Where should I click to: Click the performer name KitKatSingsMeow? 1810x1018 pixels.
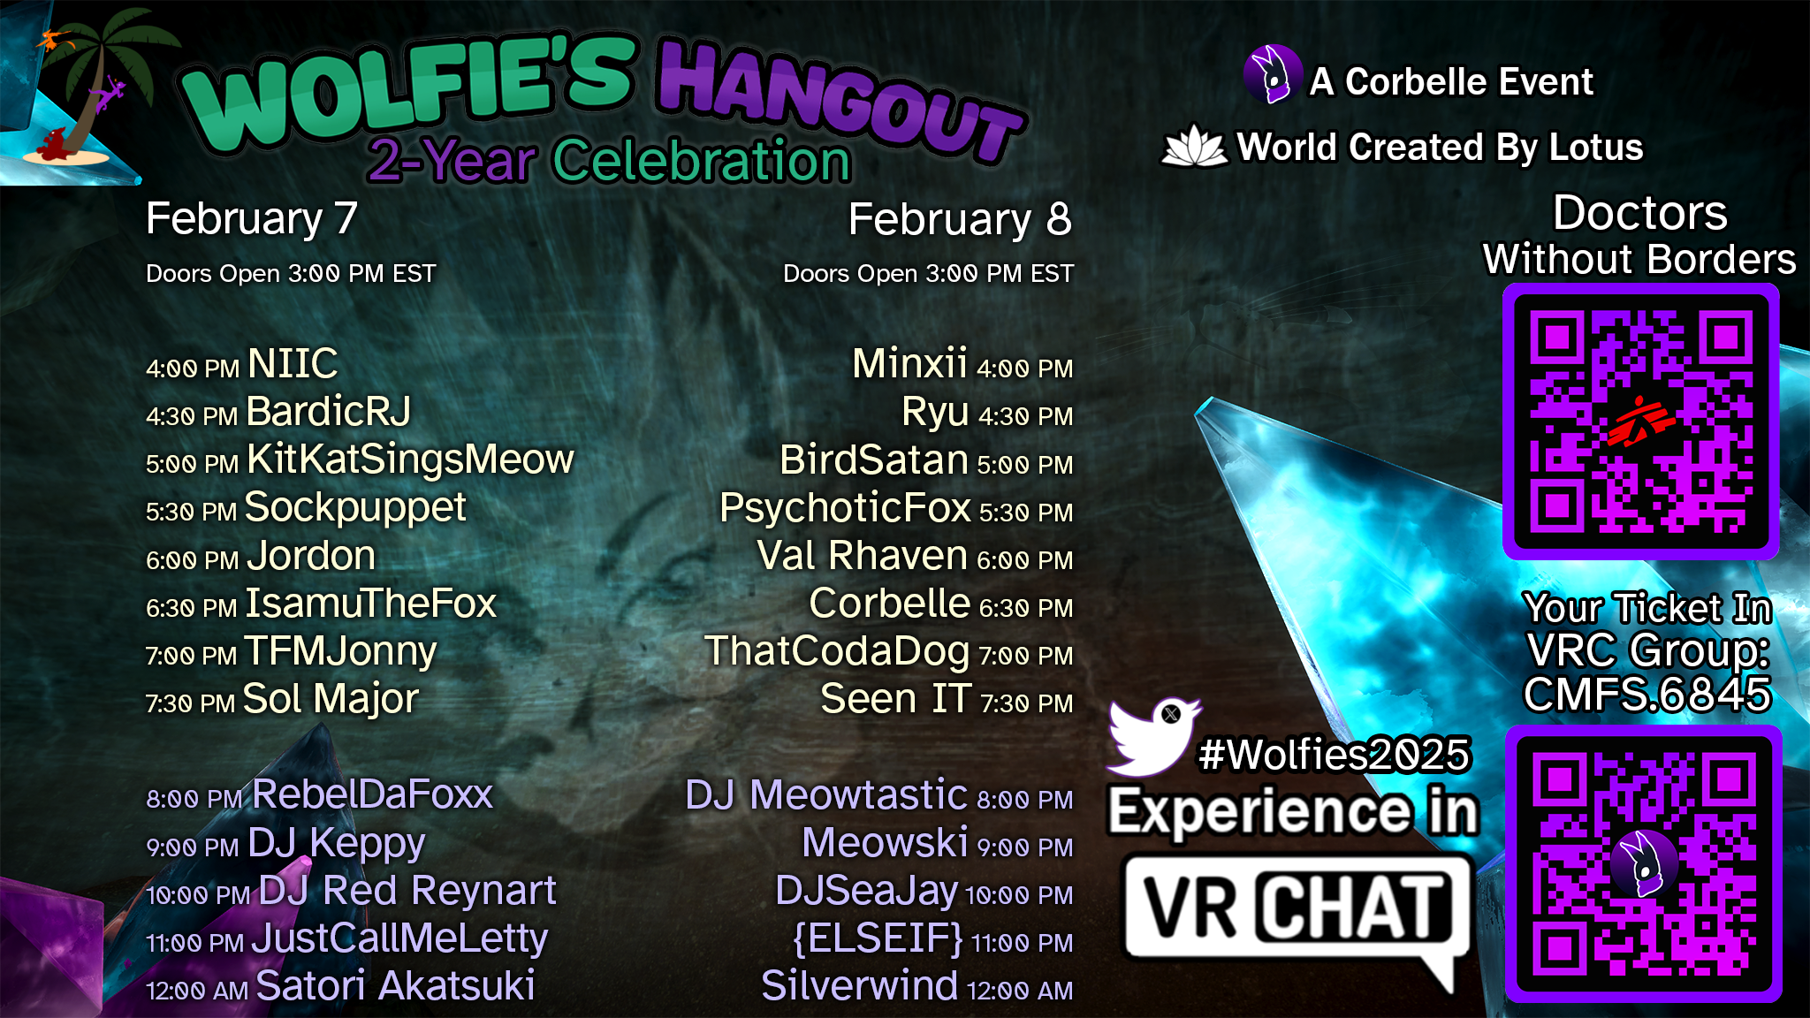[x=410, y=460]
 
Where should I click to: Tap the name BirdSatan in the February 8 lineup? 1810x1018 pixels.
[x=874, y=460]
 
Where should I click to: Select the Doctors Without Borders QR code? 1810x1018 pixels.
[x=1641, y=422]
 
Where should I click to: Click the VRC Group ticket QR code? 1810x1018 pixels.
[x=1644, y=864]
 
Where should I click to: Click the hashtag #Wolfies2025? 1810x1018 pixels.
[x=1335, y=755]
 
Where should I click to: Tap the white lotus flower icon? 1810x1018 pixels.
[x=1194, y=146]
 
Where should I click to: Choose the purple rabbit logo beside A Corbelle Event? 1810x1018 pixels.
[x=1273, y=74]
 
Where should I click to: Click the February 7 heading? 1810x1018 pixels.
[x=252, y=218]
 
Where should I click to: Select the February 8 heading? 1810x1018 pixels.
[x=960, y=219]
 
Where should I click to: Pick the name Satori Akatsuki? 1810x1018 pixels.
[x=395, y=986]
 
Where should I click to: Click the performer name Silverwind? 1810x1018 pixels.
[x=859, y=986]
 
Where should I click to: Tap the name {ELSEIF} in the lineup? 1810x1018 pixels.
[x=878, y=938]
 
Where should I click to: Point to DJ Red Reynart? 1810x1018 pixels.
[x=407, y=891]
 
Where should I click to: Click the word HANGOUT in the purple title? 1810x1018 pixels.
[x=840, y=102]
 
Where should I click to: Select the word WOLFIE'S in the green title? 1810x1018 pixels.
[x=408, y=93]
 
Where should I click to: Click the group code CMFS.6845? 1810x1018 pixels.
[x=1647, y=695]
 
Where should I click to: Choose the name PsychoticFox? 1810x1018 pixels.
[x=845, y=508]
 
